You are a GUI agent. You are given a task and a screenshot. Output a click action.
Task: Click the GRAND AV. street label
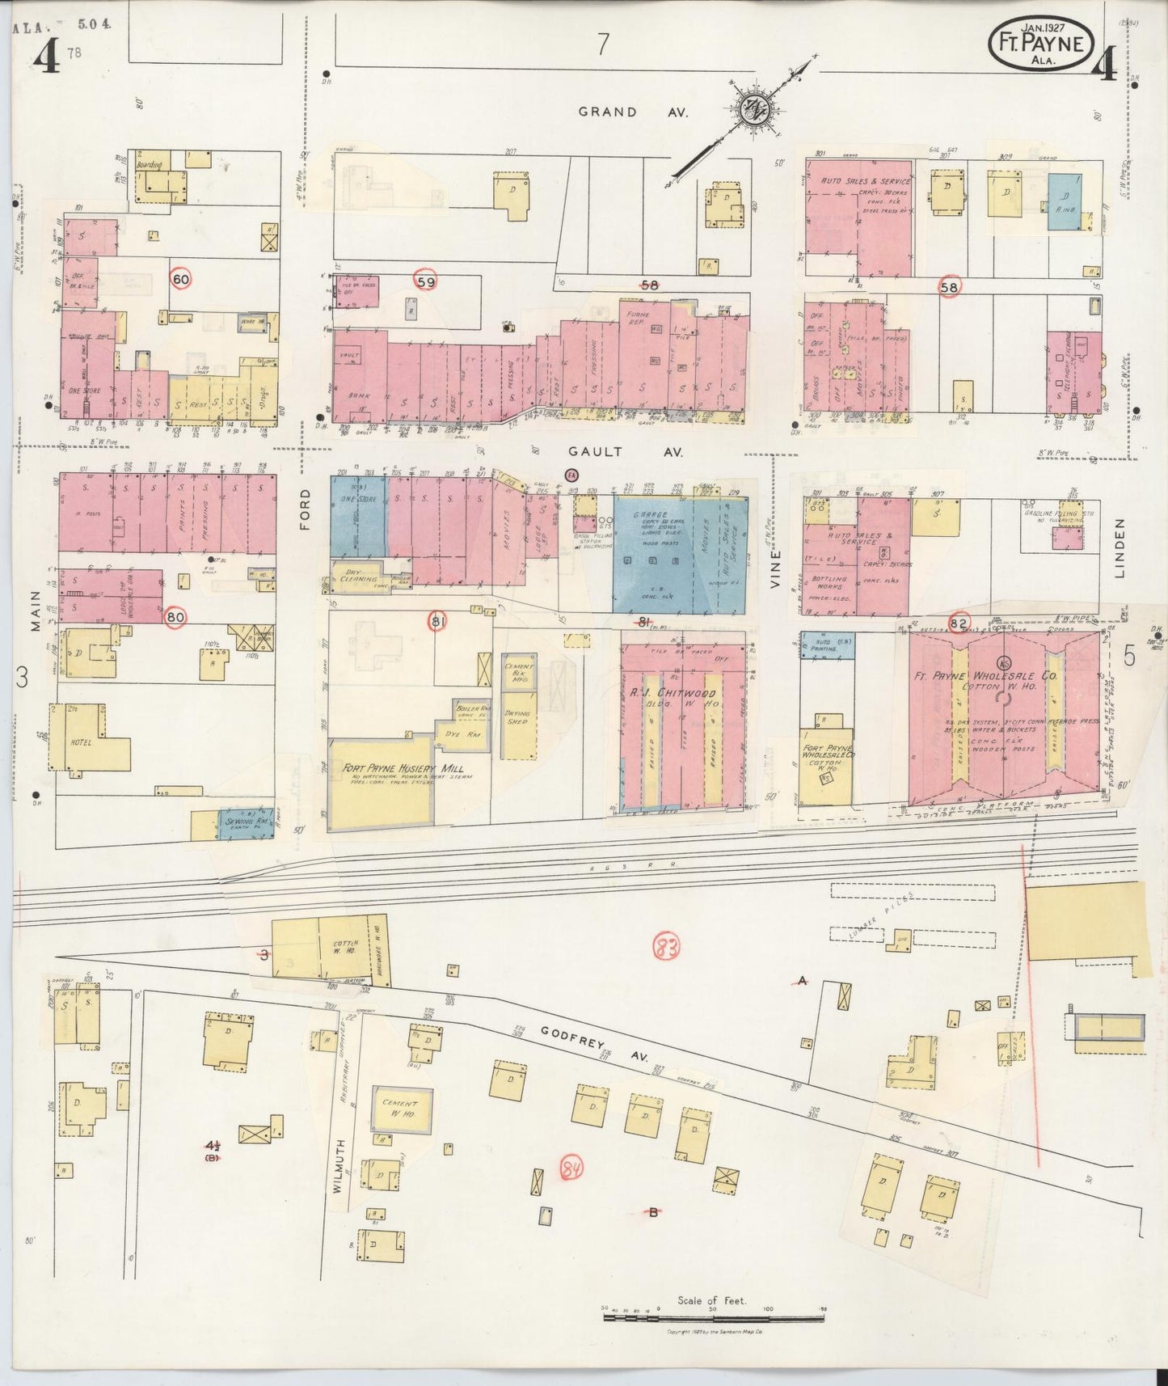tap(633, 112)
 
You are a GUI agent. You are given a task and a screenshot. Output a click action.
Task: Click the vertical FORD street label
tap(306, 509)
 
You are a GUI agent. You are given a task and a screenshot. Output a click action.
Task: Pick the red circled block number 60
tap(180, 279)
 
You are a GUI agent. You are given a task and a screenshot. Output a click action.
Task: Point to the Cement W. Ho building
tap(401, 1109)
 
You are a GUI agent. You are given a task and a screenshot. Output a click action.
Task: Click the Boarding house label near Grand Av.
tap(150, 165)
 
